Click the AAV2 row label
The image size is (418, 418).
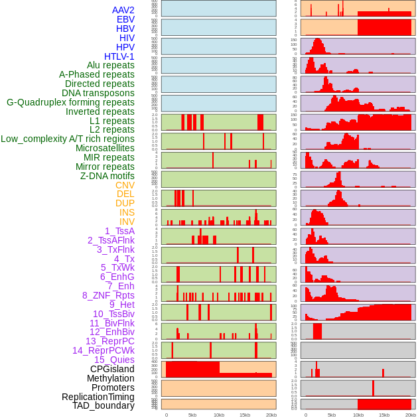(123, 10)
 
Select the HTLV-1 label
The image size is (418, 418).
(119, 56)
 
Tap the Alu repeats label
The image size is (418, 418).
(111, 65)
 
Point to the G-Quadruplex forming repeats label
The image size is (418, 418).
(70, 102)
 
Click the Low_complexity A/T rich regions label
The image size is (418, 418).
(68, 139)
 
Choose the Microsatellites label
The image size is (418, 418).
(105, 148)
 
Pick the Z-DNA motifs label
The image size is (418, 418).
(107, 176)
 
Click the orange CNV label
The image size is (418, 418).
(125, 185)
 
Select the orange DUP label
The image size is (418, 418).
(125, 203)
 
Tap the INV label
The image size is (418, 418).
(127, 222)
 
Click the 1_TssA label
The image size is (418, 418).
(119, 231)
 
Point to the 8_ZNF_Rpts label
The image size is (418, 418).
(108, 295)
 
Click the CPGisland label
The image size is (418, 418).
(112, 369)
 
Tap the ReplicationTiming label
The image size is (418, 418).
(98, 397)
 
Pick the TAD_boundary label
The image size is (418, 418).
(104, 405)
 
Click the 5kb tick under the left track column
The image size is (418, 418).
(192, 415)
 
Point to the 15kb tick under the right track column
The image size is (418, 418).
(383, 415)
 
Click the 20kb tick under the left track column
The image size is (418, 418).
(271, 415)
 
